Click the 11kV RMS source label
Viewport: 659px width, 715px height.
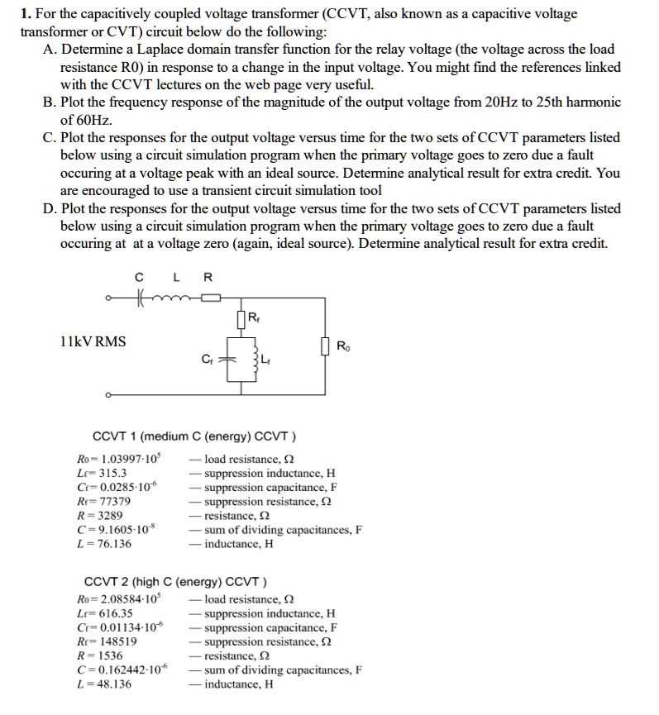coord(93,341)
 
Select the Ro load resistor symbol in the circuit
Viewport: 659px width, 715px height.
coord(327,346)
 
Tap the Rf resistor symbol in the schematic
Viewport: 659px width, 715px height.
coord(240,318)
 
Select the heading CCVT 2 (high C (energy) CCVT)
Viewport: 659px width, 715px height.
coord(177,580)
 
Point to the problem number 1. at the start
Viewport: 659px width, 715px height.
coord(26,14)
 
